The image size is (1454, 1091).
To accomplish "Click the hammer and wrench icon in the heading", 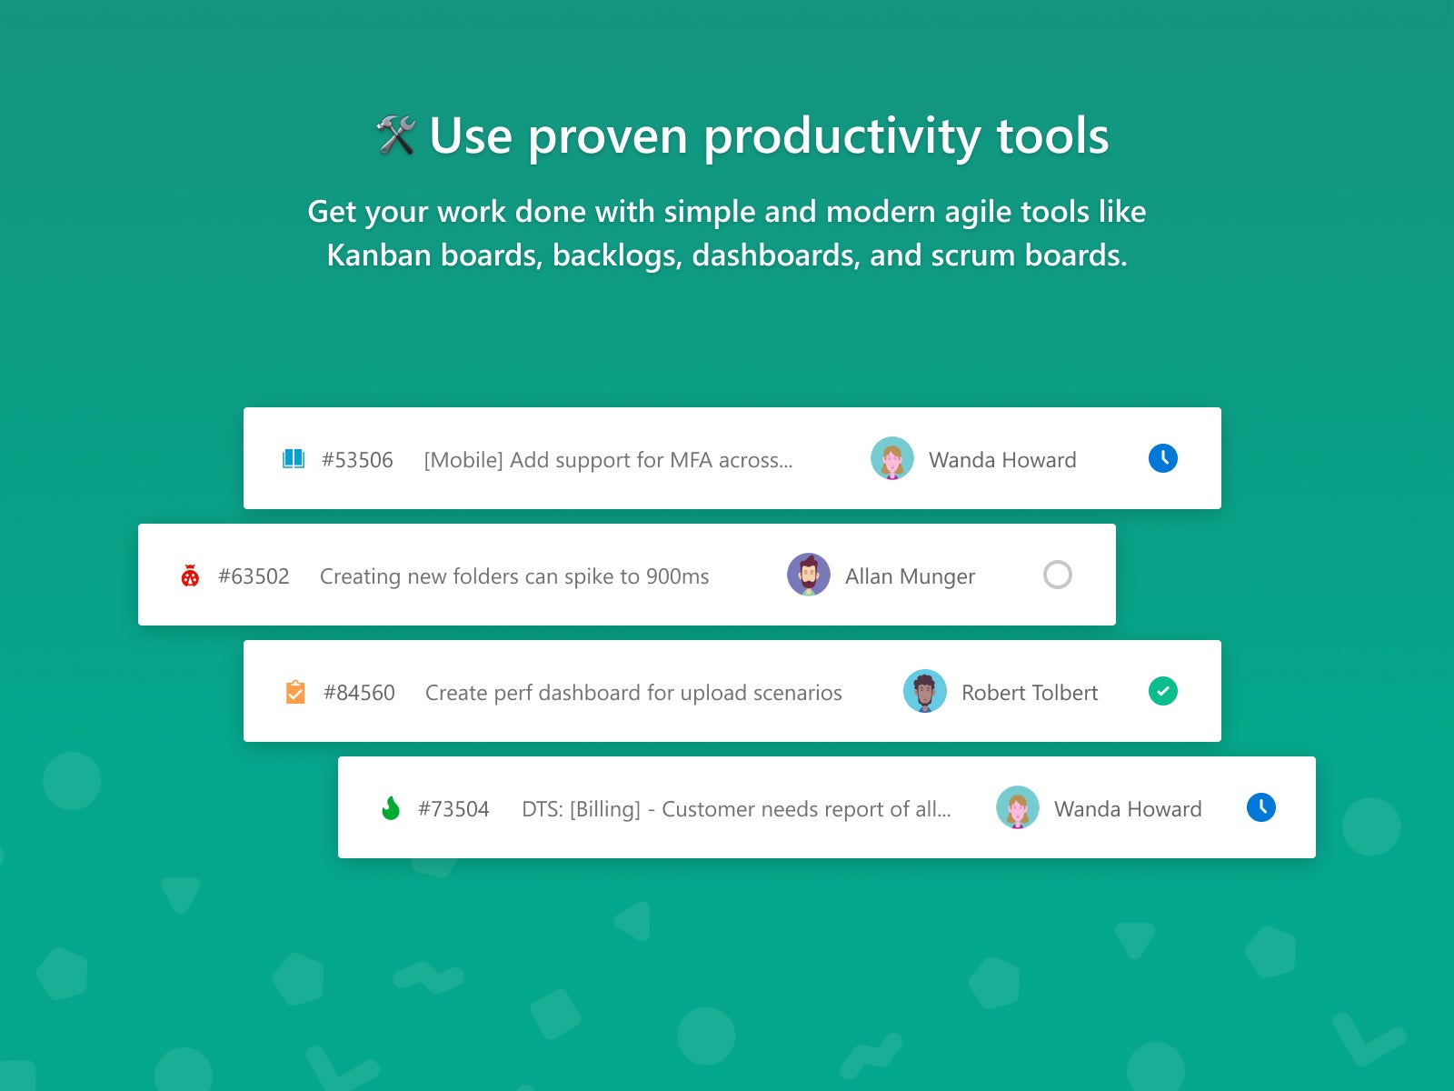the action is (395, 135).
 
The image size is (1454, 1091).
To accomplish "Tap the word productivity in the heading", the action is (842, 137).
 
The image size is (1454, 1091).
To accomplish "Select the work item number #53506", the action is (357, 460).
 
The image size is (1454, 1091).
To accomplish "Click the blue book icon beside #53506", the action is (294, 458).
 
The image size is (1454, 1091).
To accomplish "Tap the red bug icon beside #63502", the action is (190, 576).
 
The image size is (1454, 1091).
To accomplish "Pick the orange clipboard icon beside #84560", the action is (294, 692).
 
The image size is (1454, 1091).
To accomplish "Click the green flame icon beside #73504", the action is (391, 808).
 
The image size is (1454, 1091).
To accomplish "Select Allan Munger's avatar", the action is (808, 575).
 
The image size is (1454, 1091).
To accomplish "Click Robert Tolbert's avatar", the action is (925, 691).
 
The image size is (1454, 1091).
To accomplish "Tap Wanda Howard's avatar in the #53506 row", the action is (891, 458).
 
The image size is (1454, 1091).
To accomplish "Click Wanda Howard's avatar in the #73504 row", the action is (1018, 807).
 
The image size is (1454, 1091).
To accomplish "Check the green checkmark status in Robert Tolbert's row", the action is (1162, 691).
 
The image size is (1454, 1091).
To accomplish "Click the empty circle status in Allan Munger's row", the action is (1057, 561).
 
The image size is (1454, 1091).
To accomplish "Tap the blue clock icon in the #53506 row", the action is (1162, 457).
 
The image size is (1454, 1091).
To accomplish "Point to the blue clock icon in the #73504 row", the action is (1260, 807).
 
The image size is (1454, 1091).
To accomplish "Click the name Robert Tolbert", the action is (1030, 692).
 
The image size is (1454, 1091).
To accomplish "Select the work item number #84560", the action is (359, 692).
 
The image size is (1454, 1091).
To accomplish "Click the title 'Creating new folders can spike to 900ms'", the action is (514, 576).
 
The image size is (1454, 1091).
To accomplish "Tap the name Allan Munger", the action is (910, 576).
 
